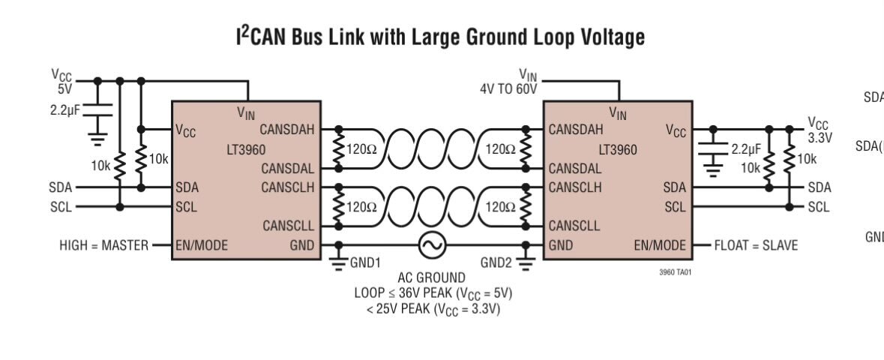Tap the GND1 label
point(365,263)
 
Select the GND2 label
point(496,263)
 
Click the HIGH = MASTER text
point(103,245)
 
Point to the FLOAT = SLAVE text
point(756,245)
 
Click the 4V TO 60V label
point(508,88)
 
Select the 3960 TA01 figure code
point(675,273)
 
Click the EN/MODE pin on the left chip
point(202,245)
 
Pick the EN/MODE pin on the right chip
point(660,245)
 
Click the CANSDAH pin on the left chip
point(287,130)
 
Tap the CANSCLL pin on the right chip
point(574,226)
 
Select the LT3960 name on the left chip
point(245,150)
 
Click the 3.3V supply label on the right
point(820,138)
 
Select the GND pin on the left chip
point(302,245)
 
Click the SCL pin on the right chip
point(675,207)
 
